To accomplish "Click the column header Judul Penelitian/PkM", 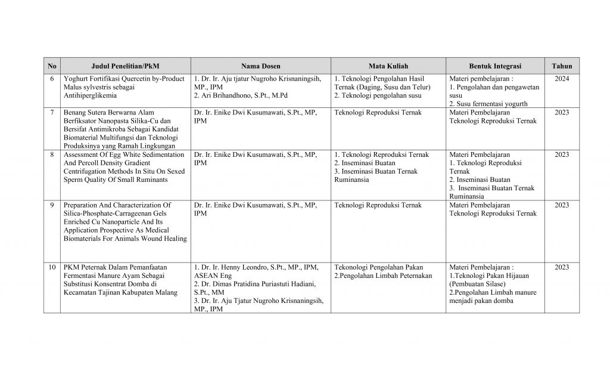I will point(126,66).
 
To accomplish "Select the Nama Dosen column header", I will point(260,66).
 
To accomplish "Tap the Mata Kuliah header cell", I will point(388,66).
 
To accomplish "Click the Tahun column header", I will point(562,66).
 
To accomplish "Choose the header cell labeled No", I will point(52,66).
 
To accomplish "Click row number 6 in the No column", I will point(52,78).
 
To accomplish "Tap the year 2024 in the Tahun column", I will point(562,78).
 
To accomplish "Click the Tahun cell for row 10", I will point(562,267).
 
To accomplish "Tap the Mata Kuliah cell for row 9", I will point(378,205).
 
